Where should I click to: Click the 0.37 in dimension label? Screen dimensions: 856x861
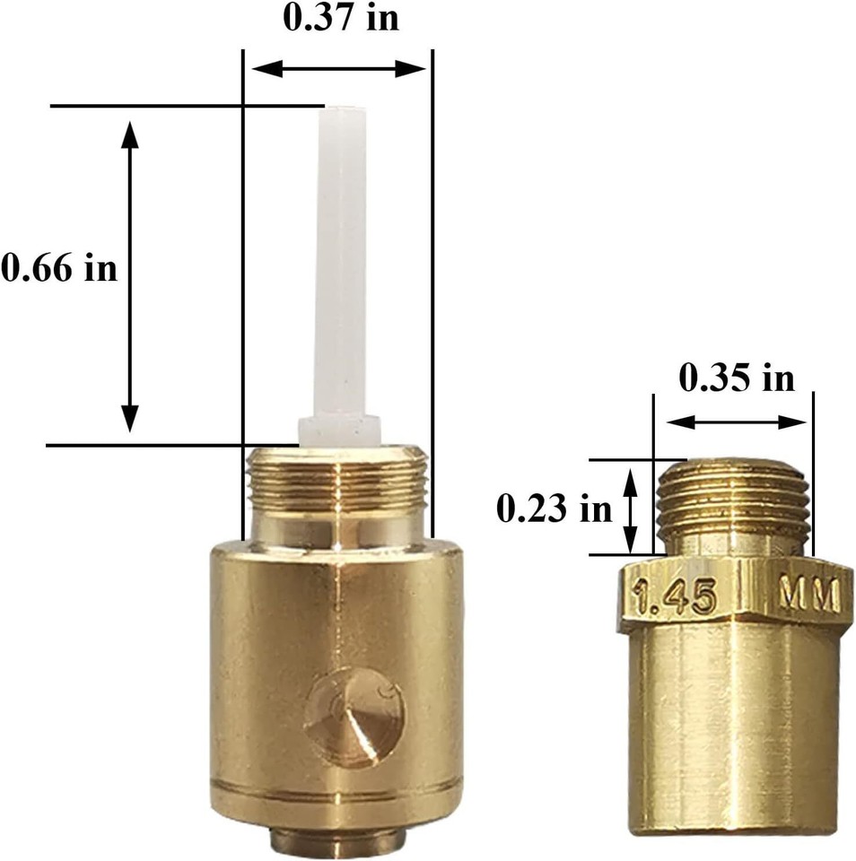341,18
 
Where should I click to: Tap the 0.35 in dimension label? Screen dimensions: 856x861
737,378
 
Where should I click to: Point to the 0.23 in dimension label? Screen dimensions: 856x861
554,509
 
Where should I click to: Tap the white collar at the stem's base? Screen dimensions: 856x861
339,431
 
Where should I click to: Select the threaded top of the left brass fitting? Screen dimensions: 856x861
338,476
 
